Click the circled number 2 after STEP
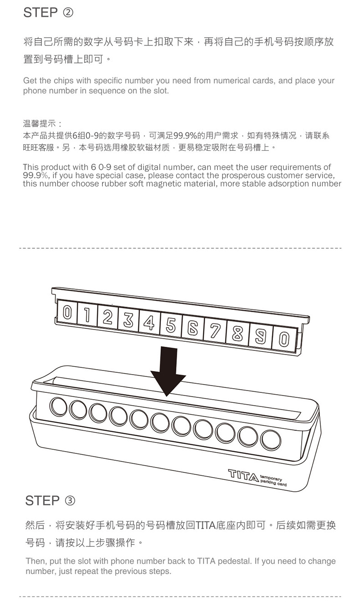coord(68,12)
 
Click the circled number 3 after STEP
coord(70,500)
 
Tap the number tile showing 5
coord(170,325)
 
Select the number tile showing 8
coord(237,333)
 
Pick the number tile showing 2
coord(108,317)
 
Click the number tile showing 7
coord(215,330)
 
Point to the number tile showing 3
coord(129,320)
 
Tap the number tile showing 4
coord(149,322)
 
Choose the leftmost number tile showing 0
coord(67,313)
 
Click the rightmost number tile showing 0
coord(284,339)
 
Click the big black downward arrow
coord(168,371)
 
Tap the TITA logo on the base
coord(243,475)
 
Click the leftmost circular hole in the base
coord(58,406)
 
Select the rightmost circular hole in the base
coord(271,440)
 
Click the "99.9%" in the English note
coord(35,175)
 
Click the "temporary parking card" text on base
coord(273,480)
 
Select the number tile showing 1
coord(87,315)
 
